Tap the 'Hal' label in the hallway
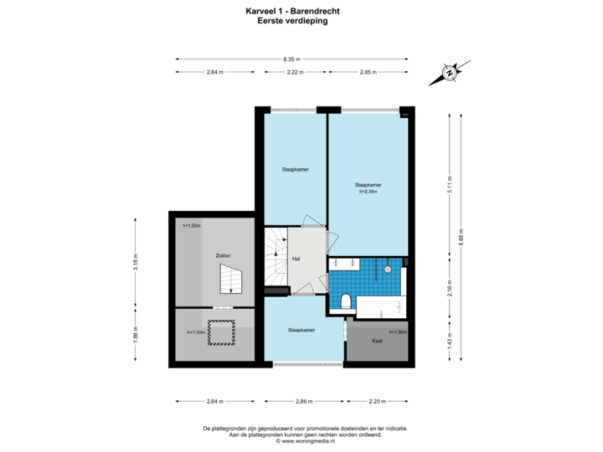click(x=296, y=259)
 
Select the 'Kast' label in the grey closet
click(x=377, y=342)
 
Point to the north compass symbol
click(x=450, y=73)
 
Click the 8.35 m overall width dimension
click(x=291, y=59)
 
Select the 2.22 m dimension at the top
click(x=294, y=73)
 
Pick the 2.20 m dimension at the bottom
click(x=378, y=402)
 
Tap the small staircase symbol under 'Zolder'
click(x=229, y=279)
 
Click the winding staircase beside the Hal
click(x=276, y=259)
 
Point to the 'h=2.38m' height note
click(x=368, y=192)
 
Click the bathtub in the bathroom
click(x=381, y=304)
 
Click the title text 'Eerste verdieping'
click(x=292, y=22)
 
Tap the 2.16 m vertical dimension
click(x=450, y=290)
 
